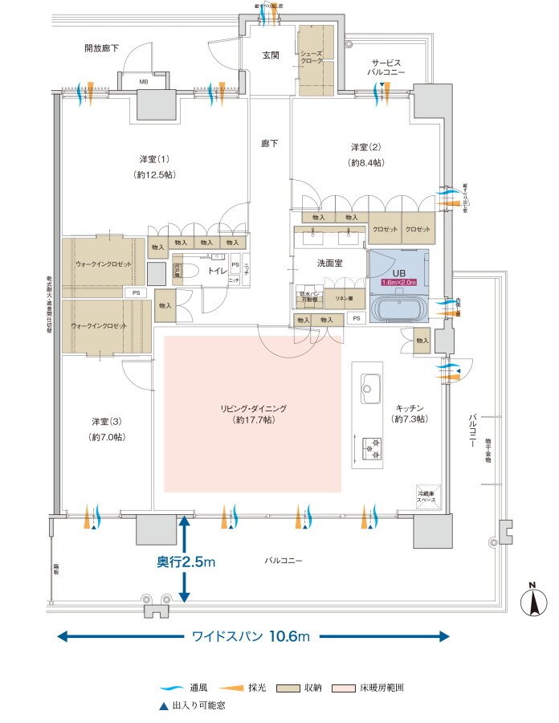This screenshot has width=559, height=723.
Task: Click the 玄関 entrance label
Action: point(269,55)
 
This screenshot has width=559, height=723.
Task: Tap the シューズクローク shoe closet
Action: point(315,61)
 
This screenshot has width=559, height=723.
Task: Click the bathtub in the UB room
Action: point(399,308)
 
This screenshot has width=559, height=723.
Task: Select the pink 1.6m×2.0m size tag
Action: point(398,283)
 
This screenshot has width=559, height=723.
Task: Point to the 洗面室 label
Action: point(330,263)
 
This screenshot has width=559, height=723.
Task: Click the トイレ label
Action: point(217,272)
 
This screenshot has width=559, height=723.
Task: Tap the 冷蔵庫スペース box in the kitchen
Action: point(426,496)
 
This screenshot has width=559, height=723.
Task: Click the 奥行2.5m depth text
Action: point(186,563)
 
